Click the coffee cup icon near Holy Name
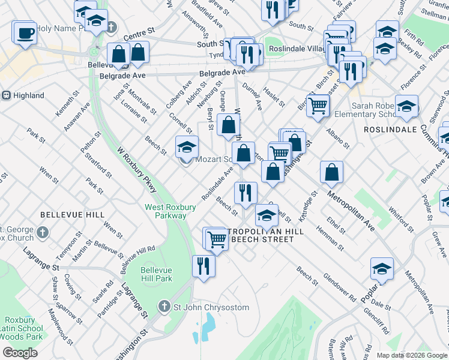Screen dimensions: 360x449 pos(25,33)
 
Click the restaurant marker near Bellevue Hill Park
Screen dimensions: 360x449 pos(203,266)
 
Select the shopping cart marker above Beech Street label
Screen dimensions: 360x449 pos(217,239)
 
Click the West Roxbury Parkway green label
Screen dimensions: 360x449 pos(170,211)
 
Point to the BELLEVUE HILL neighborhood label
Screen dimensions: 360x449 pos(72,214)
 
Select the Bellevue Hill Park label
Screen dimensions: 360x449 pos(156,274)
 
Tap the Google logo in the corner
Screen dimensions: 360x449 pos(20,353)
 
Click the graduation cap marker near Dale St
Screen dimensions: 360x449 pos(382,269)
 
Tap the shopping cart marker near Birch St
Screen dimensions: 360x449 pos(318,106)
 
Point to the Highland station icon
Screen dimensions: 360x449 pos(5,95)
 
